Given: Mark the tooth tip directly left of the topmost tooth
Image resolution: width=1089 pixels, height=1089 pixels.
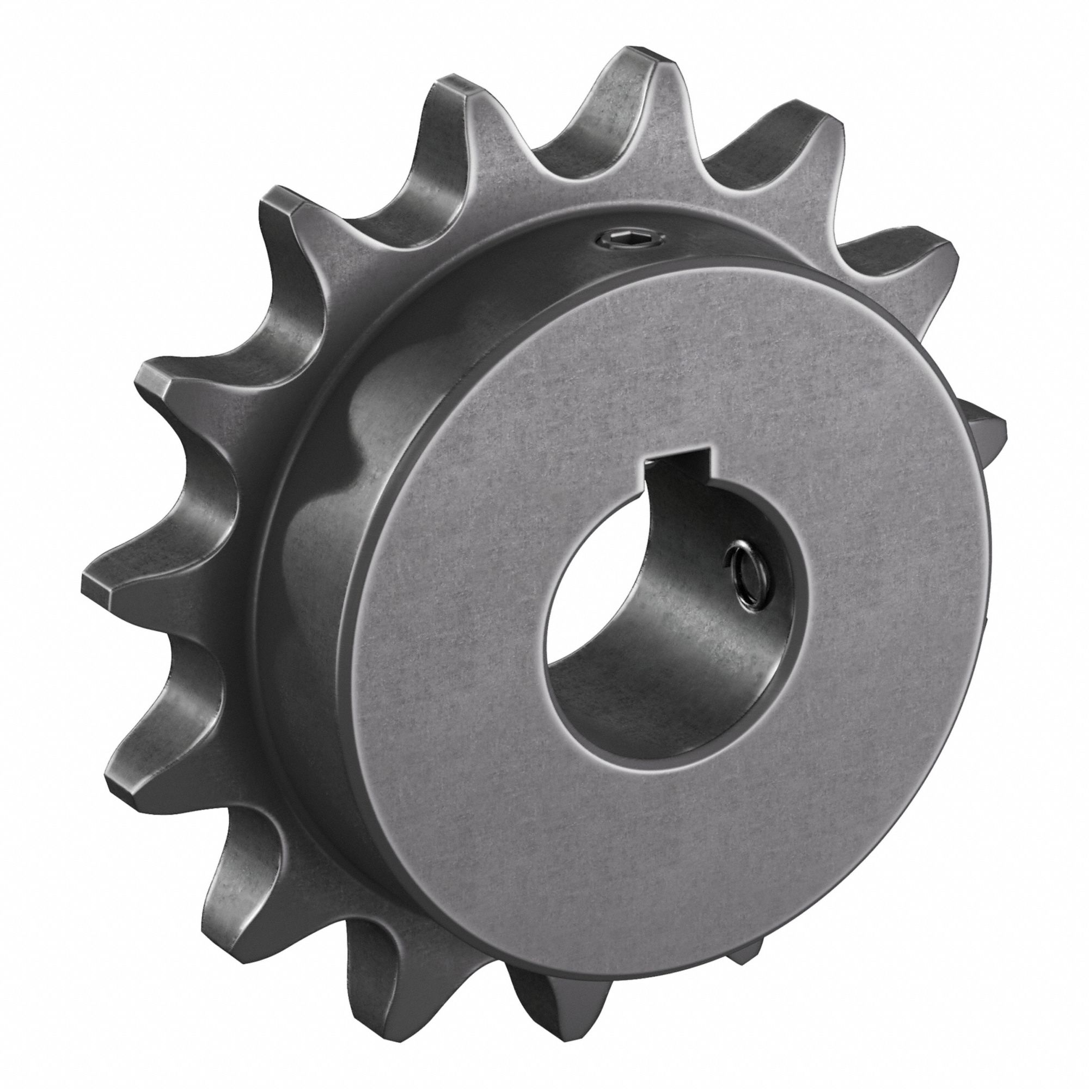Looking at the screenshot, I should pos(451,93).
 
